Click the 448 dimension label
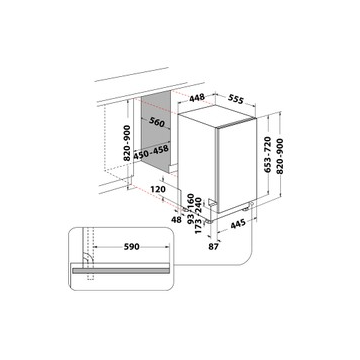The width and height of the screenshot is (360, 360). tap(197, 98)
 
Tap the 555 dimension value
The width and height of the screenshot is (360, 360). tap(236, 99)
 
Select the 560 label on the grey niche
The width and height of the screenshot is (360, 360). tap(157, 122)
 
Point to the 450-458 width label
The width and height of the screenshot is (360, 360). tap(151, 152)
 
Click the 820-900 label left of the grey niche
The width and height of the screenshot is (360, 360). tap(127, 143)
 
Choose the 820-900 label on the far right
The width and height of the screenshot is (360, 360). tap(280, 156)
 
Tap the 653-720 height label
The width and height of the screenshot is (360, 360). tap(268, 154)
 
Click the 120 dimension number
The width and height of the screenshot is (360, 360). tap(158, 189)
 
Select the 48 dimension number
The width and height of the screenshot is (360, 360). tap(176, 220)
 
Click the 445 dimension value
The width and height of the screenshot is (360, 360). tap(238, 223)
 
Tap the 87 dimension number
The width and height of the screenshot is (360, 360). tap(214, 247)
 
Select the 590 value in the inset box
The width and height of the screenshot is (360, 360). tap(131, 247)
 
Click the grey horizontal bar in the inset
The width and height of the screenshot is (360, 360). tap(120, 271)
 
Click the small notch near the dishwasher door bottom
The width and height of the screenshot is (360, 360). tap(211, 202)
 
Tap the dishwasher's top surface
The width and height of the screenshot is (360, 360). tap(217, 117)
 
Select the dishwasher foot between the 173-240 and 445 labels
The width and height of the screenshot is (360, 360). tap(208, 221)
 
